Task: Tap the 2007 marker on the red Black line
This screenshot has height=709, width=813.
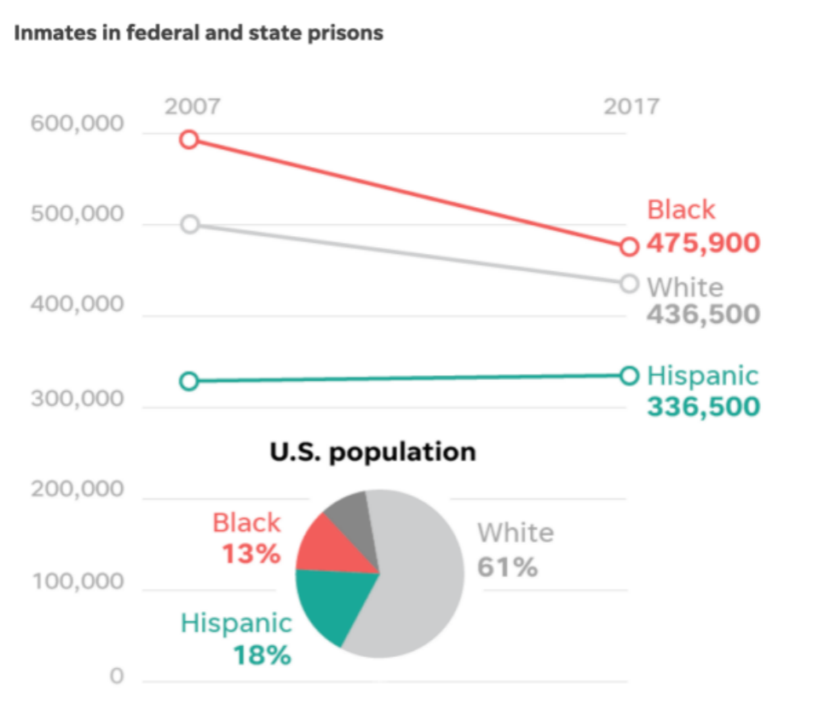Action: pos(190,139)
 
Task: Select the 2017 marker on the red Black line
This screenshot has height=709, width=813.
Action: pos(629,246)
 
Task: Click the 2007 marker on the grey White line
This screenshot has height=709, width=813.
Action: pos(190,224)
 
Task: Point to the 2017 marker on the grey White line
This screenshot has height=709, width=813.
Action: pos(629,283)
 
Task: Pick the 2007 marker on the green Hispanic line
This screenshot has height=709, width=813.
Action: pos(190,381)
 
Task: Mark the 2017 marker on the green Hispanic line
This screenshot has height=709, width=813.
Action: pos(629,375)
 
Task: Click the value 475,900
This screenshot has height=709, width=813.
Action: pos(703,244)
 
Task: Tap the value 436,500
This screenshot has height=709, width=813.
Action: pos(703,314)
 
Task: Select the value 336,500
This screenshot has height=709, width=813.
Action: pos(703,406)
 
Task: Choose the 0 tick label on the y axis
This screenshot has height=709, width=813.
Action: pos(117,677)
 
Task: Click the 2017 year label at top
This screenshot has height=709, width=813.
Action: pos(631,107)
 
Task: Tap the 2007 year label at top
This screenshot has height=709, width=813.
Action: pos(193,107)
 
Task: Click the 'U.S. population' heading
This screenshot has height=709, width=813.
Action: pos(372,452)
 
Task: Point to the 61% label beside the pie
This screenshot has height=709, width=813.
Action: pos(507,567)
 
